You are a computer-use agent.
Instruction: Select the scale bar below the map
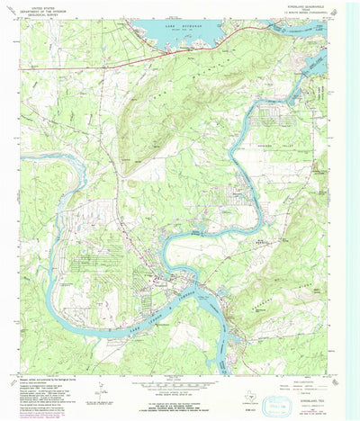coord(179,382)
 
